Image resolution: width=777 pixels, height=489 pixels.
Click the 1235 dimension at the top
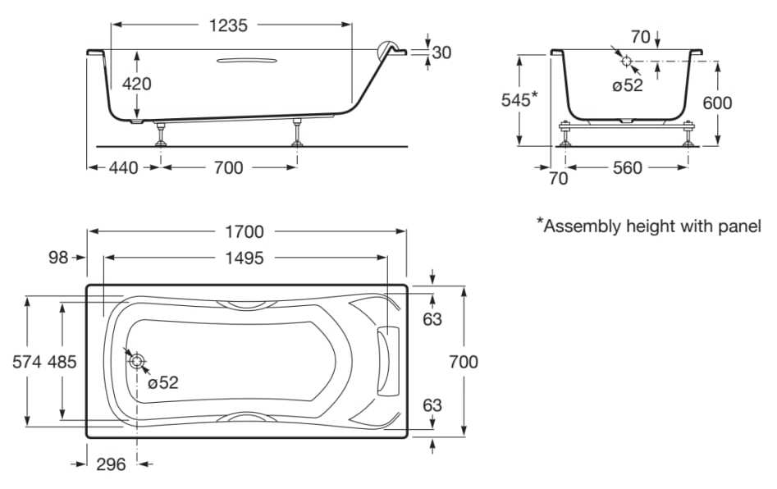coord(228,25)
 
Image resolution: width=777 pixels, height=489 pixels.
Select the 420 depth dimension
coord(136,83)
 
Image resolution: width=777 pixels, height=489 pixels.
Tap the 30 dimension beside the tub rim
coord(441,53)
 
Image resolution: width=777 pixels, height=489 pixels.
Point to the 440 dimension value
coord(124,167)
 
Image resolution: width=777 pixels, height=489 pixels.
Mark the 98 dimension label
coord(57,258)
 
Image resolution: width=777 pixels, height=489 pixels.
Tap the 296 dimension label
coord(111,464)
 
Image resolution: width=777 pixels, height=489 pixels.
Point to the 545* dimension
coord(519,99)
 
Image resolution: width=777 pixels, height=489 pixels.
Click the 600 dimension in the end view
coord(717,103)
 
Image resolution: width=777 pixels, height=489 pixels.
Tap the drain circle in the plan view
coord(136,362)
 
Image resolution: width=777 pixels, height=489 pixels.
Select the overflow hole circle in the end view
coord(627,62)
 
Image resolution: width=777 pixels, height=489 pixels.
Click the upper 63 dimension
coord(432,318)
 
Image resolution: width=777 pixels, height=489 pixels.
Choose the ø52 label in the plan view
coord(163,382)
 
